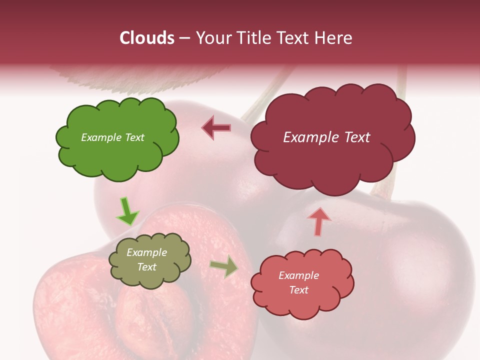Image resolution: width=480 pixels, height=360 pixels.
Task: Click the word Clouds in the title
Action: tap(147, 38)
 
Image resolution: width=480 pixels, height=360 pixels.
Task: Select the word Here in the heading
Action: tap(332, 38)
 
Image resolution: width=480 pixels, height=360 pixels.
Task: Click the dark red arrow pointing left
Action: tap(216, 128)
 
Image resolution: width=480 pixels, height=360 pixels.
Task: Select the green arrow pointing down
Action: tap(127, 211)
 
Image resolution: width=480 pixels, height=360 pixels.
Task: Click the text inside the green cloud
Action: tap(112, 137)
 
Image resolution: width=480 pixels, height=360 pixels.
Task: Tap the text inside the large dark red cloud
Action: tap(326, 137)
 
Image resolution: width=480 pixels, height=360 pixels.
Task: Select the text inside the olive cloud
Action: tap(147, 259)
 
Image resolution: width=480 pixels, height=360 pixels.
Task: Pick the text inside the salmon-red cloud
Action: tap(298, 282)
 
